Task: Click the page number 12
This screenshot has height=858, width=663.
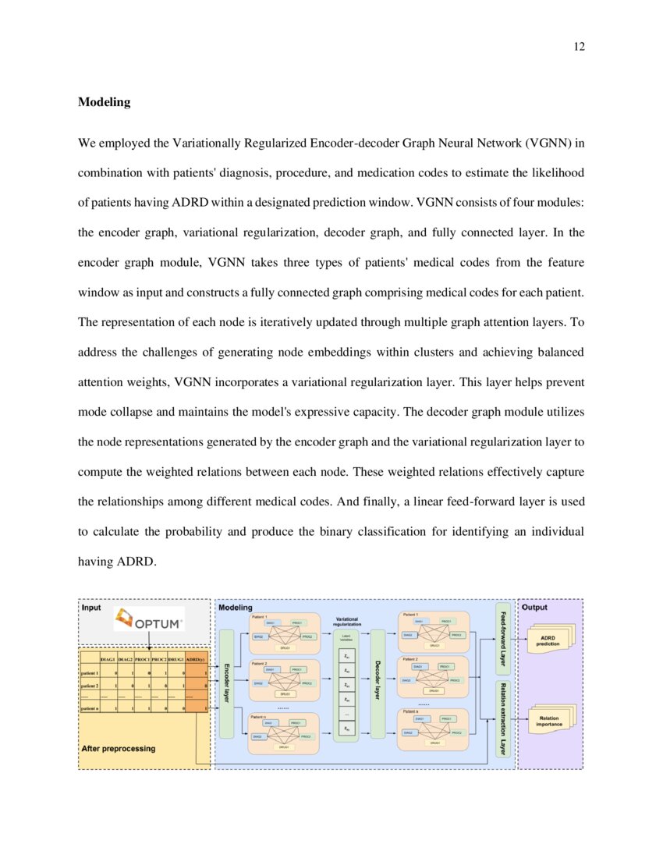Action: (x=579, y=47)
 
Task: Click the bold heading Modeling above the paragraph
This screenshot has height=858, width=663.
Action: (x=104, y=102)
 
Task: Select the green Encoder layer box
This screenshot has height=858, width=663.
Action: (x=227, y=682)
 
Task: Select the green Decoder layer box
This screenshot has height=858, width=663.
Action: (x=378, y=682)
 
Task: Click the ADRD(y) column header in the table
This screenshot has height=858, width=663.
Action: (x=195, y=659)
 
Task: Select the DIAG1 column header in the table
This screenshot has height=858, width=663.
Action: (x=108, y=659)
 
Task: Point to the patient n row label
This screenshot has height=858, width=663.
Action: (x=89, y=708)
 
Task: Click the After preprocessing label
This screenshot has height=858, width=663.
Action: (x=119, y=748)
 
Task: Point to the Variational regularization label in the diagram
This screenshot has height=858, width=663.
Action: (x=346, y=622)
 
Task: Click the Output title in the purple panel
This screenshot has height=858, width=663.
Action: (x=534, y=607)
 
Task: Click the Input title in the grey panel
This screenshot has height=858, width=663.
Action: (x=91, y=607)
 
